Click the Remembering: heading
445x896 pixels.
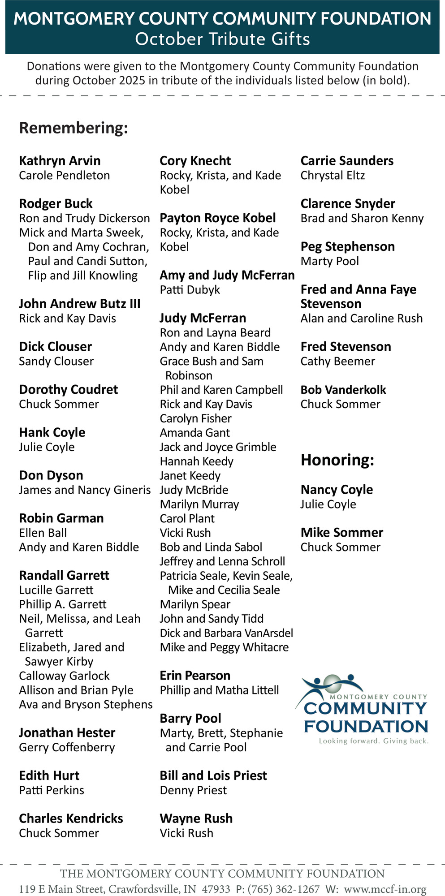[x=73, y=128]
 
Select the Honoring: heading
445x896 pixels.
[x=337, y=460]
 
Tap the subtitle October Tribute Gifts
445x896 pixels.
[x=222, y=39]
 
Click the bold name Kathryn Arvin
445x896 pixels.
[x=60, y=161]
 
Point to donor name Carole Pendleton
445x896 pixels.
[x=64, y=175]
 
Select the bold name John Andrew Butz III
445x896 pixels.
[x=80, y=304]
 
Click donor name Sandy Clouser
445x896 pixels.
[x=56, y=361]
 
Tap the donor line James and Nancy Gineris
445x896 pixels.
[x=85, y=490]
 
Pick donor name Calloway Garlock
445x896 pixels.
[x=64, y=676]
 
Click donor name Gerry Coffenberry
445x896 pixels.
[x=67, y=747]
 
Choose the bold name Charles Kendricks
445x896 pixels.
[x=71, y=818]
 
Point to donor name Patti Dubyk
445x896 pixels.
[x=190, y=290]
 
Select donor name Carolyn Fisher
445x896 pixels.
[x=195, y=418]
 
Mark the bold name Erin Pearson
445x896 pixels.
[x=195, y=676]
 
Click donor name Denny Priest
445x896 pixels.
[x=193, y=790]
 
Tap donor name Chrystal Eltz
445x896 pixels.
[x=333, y=175]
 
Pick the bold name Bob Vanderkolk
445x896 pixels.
[x=343, y=390]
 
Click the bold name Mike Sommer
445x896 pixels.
[x=342, y=533]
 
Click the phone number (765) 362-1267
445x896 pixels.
[x=284, y=889]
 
